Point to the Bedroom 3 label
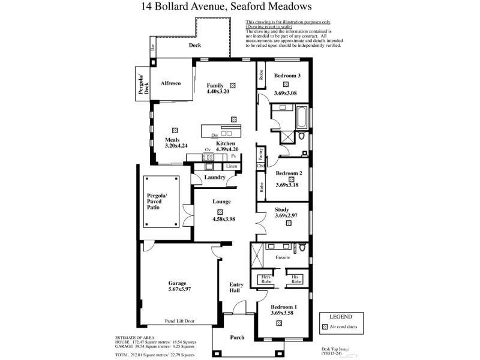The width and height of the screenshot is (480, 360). [286, 76]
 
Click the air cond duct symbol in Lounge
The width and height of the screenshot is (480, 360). [220, 212]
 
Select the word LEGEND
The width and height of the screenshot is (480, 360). [340, 316]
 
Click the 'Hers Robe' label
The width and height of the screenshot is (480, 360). [266, 280]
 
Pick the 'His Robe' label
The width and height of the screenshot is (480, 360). [296, 280]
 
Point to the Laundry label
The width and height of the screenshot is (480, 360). [214, 177]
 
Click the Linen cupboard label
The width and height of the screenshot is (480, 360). [232, 166]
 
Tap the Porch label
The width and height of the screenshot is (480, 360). [238, 337]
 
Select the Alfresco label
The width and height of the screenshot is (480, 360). [170, 83]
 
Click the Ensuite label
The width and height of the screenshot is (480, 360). [283, 257]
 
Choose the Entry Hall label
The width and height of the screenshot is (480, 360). [235, 287]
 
